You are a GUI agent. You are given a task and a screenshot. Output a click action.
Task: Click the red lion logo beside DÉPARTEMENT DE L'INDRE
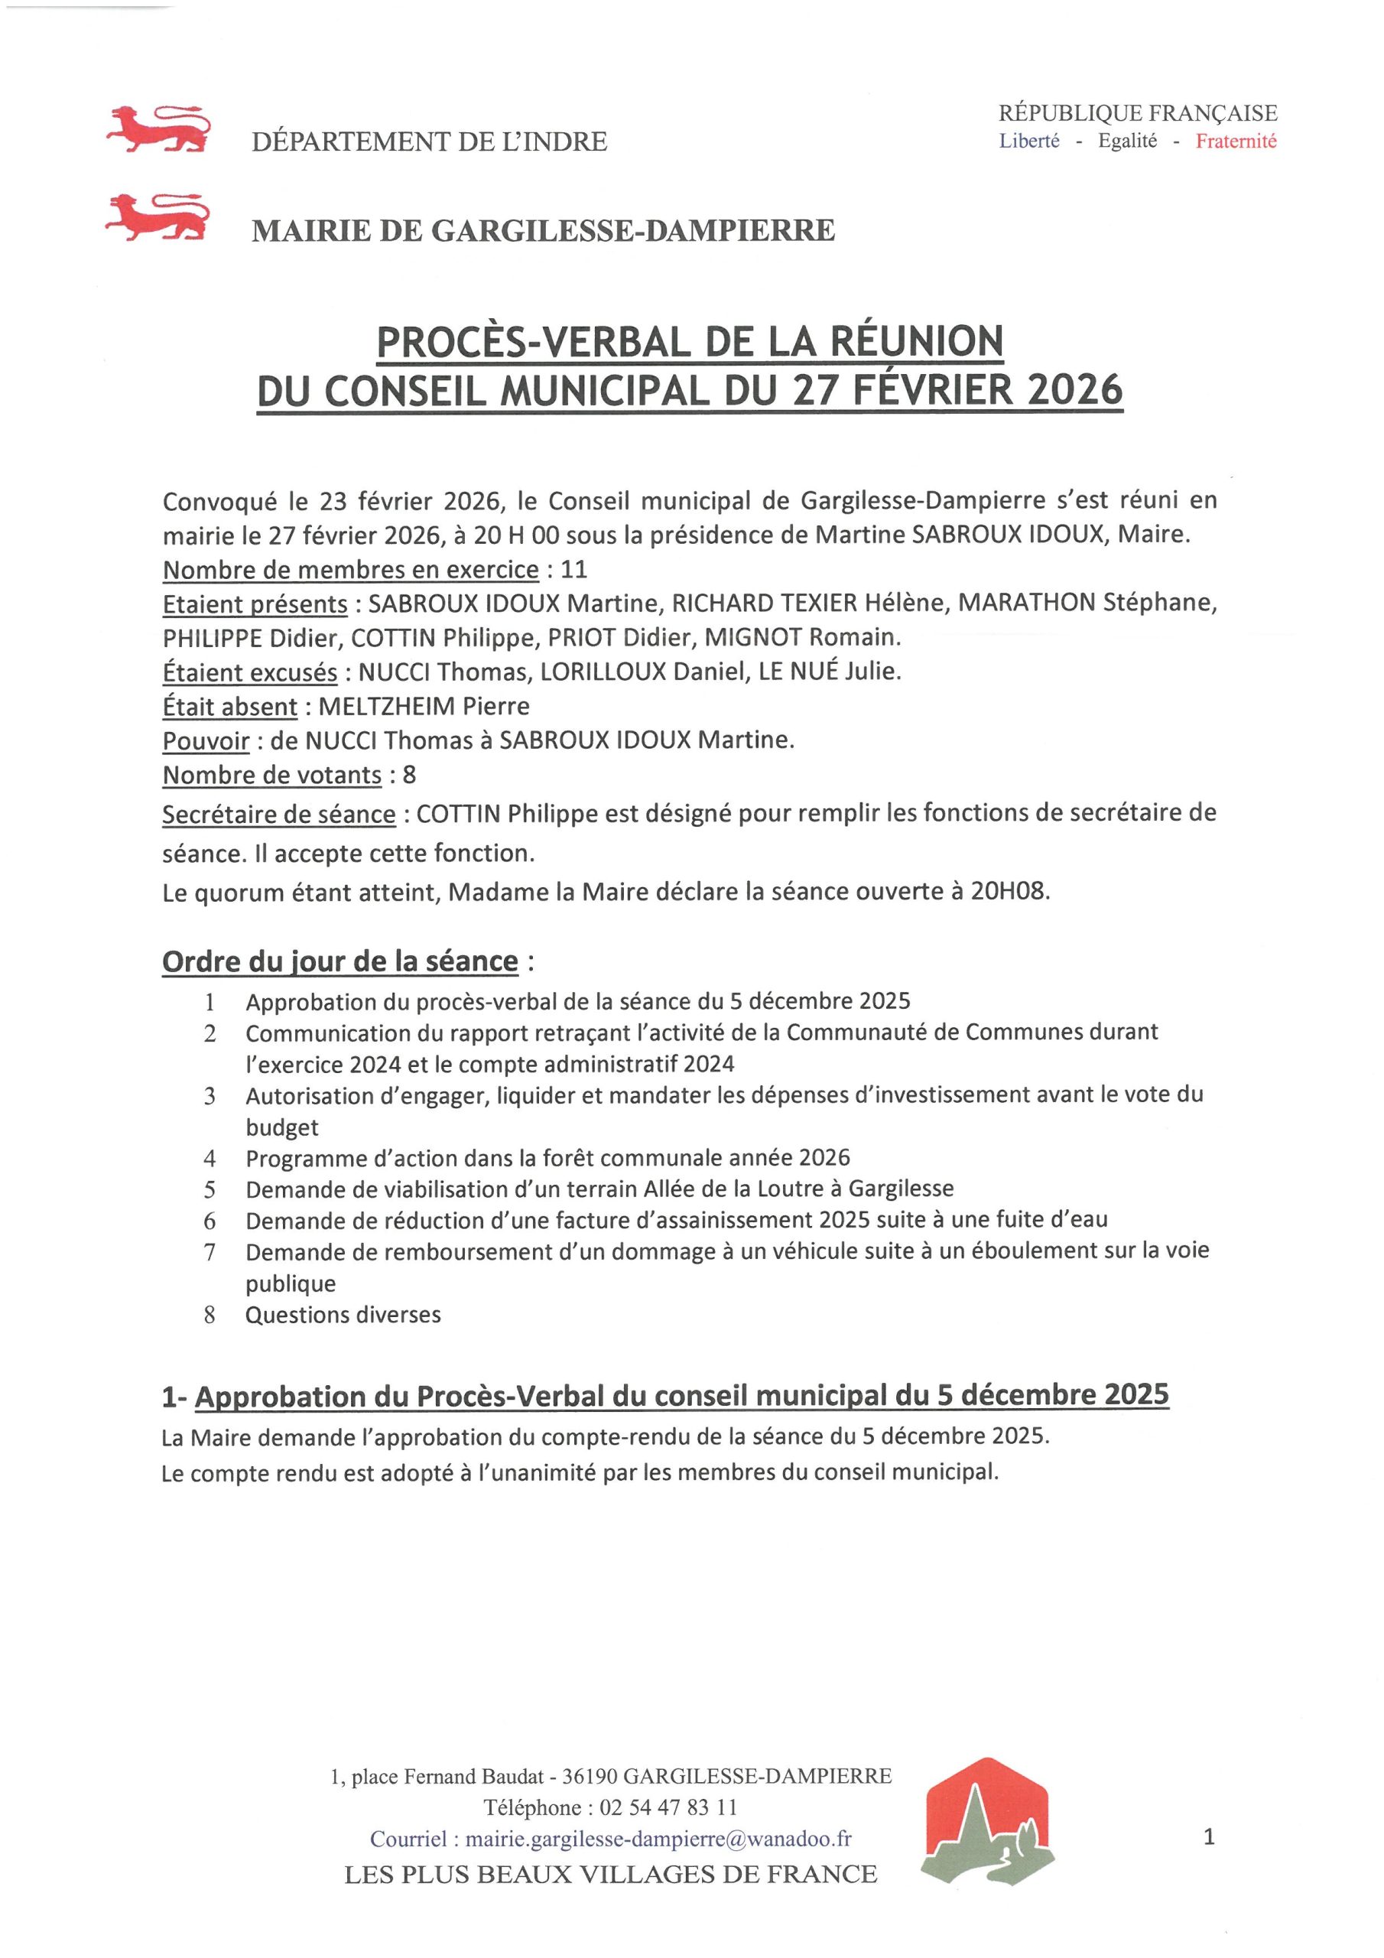(158, 129)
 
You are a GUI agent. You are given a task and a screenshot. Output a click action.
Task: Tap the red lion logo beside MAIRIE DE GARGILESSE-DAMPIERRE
(158, 218)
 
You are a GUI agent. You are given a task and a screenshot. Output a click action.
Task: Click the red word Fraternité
(1236, 141)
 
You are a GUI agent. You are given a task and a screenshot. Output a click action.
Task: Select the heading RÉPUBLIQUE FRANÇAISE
(1138, 112)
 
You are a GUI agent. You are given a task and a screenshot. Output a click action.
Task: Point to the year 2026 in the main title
(1075, 392)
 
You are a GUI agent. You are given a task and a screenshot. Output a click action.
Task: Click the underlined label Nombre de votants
(272, 776)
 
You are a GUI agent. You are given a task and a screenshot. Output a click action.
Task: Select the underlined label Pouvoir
(206, 740)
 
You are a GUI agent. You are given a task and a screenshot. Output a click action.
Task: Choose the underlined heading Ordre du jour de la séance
(340, 961)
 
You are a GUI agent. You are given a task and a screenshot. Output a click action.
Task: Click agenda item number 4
(210, 1158)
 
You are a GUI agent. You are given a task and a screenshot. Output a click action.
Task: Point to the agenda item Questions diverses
(343, 1314)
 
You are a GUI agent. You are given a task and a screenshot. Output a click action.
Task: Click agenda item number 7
(210, 1252)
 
